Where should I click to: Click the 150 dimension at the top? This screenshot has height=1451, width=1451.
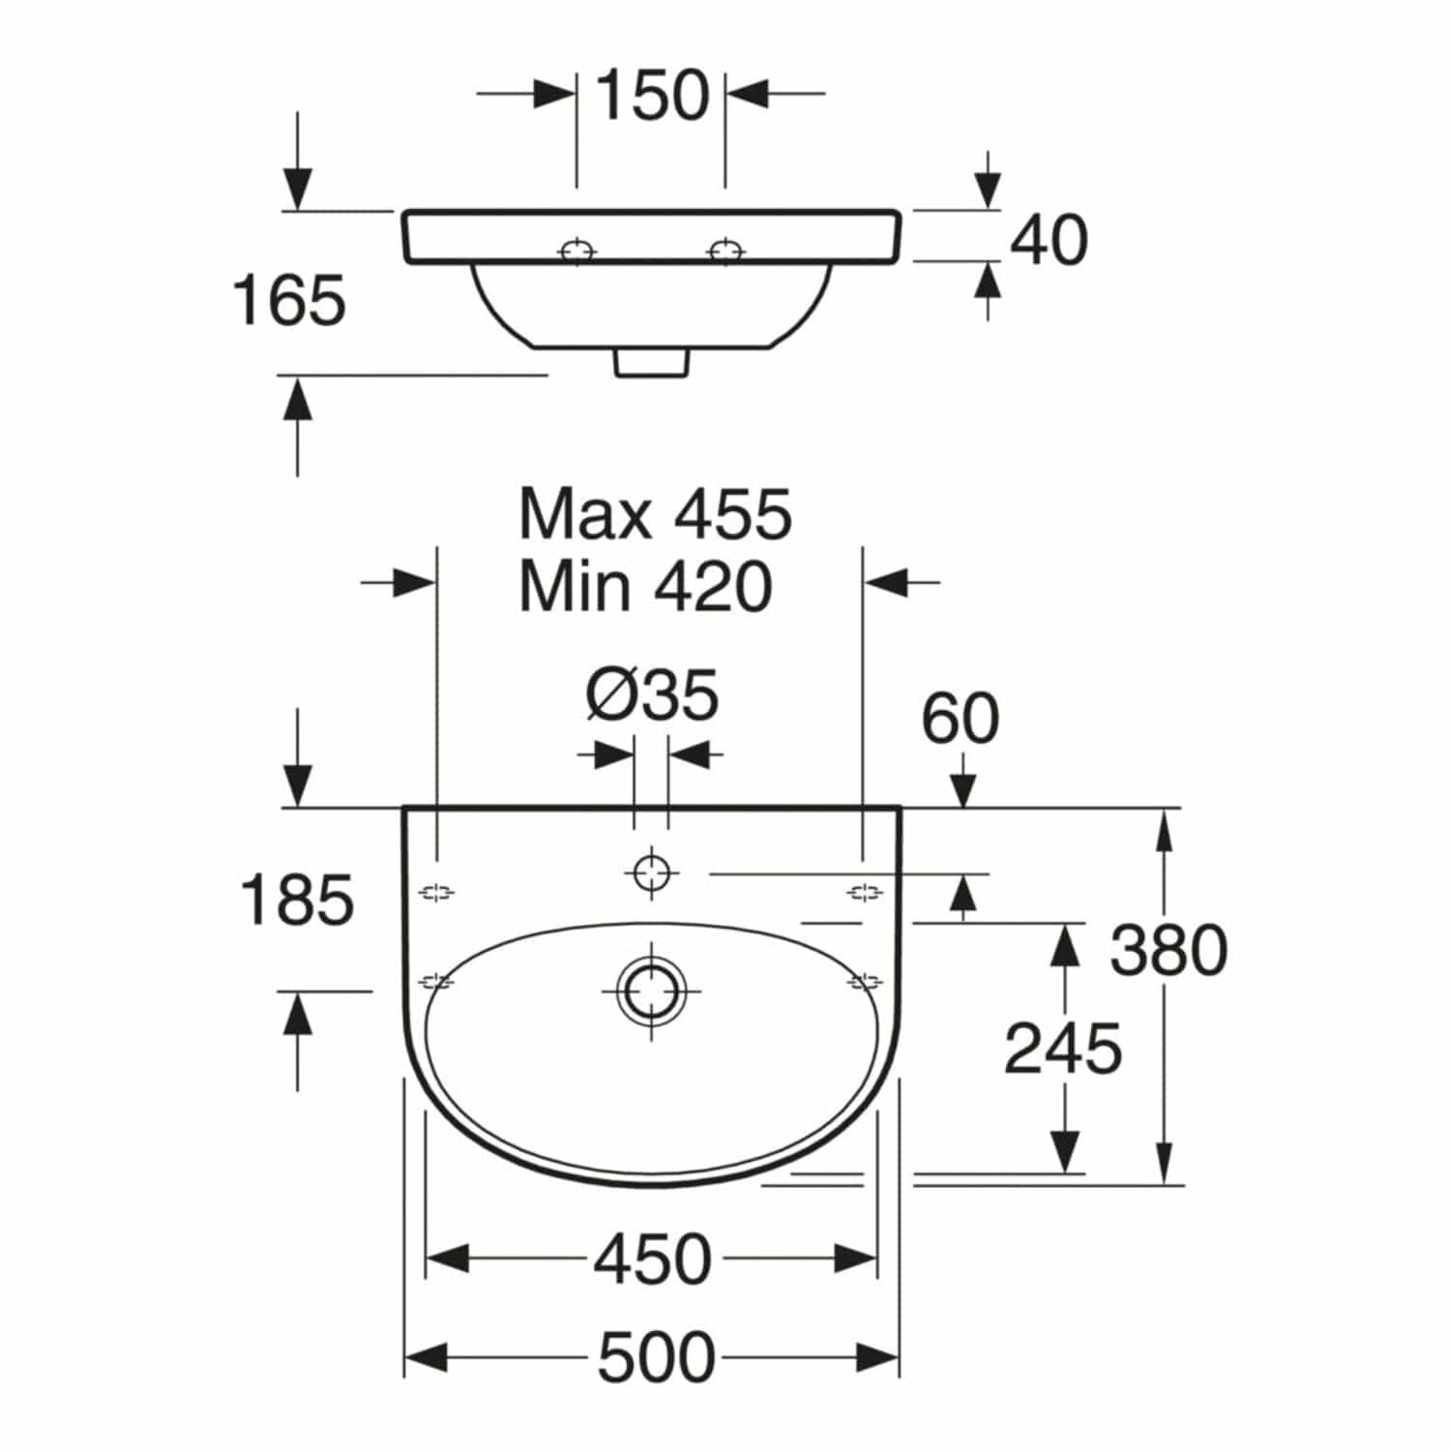pyautogui.click(x=652, y=96)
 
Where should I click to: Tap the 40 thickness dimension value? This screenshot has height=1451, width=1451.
pyautogui.click(x=1049, y=240)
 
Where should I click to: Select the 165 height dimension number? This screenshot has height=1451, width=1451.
pyautogui.click(x=289, y=300)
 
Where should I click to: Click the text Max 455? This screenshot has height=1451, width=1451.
pyautogui.click(x=656, y=514)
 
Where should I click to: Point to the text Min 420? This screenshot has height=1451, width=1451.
pyautogui.click(x=646, y=585)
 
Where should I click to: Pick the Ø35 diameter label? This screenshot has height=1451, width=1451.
pyautogui.click(x=652, y=695)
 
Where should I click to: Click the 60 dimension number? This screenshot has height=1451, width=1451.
pyautogui.click(x=960, y=719)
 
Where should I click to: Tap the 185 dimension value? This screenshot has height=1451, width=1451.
pyautogui.click(x=297, y=900)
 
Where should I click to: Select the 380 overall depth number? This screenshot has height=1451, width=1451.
pyautogui.click(x=1169, y=950)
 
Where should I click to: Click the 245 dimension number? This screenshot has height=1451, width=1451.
pyautogui.click(x=1063, y=1049)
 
